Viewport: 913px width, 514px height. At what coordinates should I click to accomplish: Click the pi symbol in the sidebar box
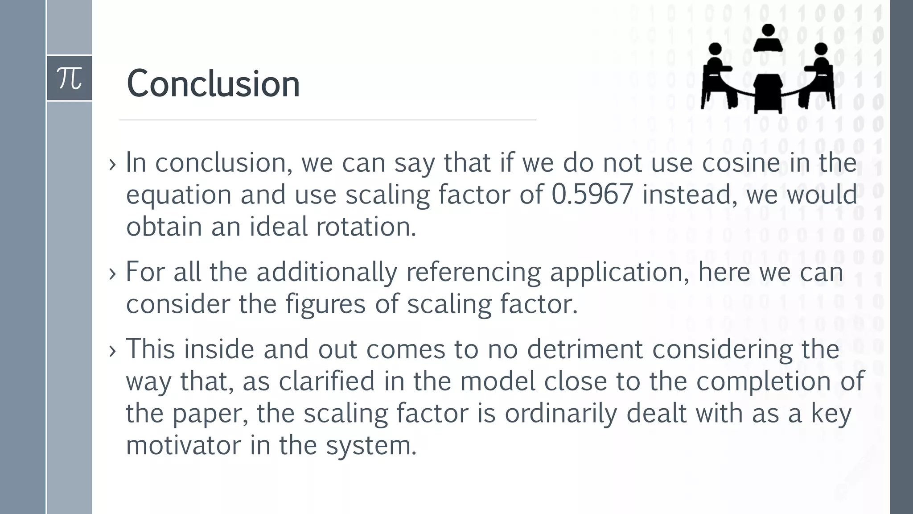click(70, 79)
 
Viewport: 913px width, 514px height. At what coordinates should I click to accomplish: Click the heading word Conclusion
click(213, 84)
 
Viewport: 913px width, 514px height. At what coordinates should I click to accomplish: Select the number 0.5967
click(592, 195)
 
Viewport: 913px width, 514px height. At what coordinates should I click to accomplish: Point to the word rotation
click(366, 227)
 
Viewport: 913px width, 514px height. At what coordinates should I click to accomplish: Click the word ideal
click(278, 227)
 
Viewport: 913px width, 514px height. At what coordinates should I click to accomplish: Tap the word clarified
click(327, 381)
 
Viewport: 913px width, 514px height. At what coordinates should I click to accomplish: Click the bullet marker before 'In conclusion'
click(112, 164)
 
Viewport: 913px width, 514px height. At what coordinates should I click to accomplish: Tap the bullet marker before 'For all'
click(112, 274)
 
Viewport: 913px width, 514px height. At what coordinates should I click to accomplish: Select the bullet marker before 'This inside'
click(112, 351)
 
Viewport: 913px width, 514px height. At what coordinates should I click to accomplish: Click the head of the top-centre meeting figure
click(768, 30)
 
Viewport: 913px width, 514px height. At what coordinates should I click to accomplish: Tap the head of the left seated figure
click(715, 49)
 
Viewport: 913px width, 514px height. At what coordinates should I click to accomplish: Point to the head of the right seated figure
click(821, 49)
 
